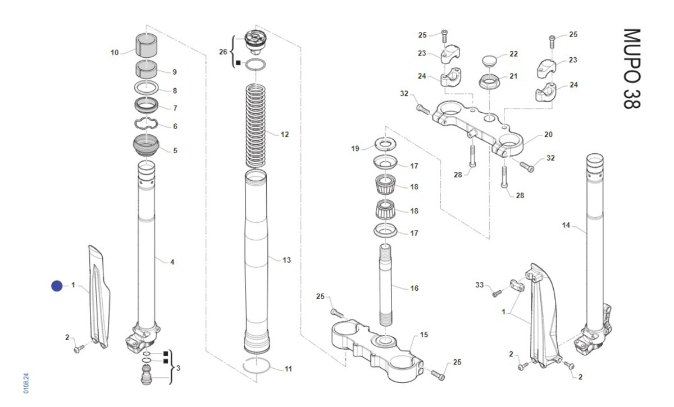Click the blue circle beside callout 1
coord(57,286)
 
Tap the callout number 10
coord(115,53)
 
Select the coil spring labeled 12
coord(257,125)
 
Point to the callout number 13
coord(286,260)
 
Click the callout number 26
coord(223,52)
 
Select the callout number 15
coord(424,335)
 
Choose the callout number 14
coord(566,225)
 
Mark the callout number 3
coord(179,368)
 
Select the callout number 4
coord(172,262)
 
